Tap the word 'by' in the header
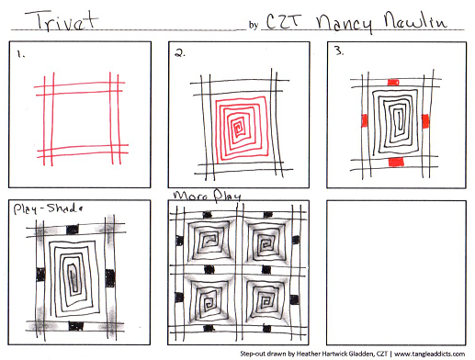(254, 25)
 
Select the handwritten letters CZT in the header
(282, 21)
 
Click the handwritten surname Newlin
(415, 20)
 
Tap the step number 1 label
(21, 54)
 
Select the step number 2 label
(180, 53)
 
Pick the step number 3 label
(339, 51)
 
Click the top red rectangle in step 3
(393, 83)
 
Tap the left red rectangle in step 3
(364, 120)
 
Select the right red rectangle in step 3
(425, 121)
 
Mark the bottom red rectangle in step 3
(396, 162)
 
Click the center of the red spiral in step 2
(237, 128)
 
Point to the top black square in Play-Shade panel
(73, 230)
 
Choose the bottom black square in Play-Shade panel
(76, 326)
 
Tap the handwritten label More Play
(207, 196)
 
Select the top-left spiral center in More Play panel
(209, 240)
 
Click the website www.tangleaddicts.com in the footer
(430, 354)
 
